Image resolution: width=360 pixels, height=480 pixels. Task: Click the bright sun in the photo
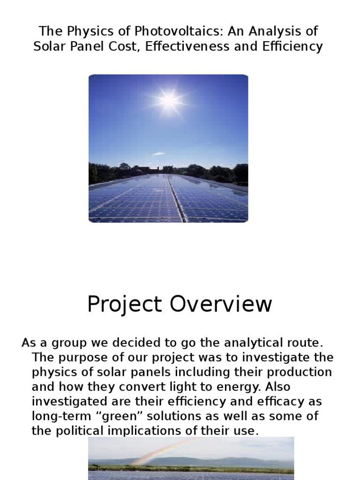point(168,99)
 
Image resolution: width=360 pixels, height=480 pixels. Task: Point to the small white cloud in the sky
point(159,153)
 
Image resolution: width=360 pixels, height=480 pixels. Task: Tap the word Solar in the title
point(52,47)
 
